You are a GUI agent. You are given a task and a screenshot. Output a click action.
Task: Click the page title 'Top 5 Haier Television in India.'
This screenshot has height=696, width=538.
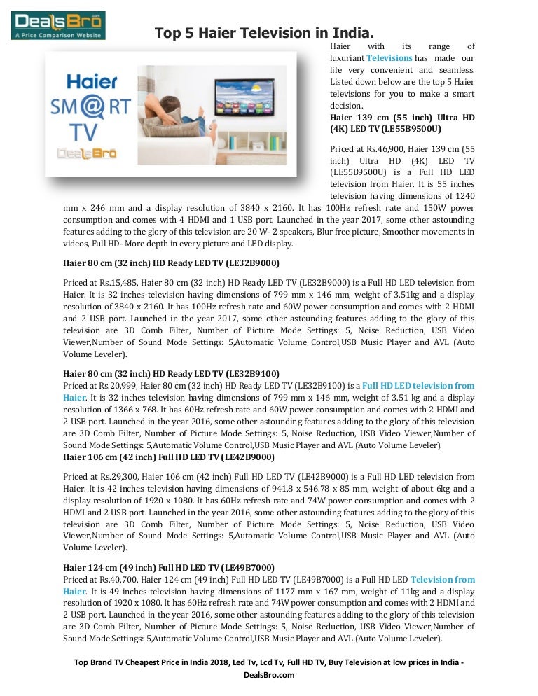point(264,32)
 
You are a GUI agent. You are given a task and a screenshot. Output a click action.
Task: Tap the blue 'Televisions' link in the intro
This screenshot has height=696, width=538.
point(389,58)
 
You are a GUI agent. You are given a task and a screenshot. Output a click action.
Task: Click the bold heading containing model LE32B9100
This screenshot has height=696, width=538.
point(171,374)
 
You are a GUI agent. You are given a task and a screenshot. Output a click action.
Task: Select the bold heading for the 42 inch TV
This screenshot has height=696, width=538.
point(169,457)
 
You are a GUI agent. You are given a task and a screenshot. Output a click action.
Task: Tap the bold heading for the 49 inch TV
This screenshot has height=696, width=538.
point(169,567)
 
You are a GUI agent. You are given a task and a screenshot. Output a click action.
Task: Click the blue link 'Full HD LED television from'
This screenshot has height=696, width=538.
point(418,386)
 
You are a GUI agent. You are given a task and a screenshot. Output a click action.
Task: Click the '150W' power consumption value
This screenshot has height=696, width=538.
point(412,209)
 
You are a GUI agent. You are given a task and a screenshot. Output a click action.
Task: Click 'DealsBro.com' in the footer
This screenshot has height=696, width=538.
point(268,675)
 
